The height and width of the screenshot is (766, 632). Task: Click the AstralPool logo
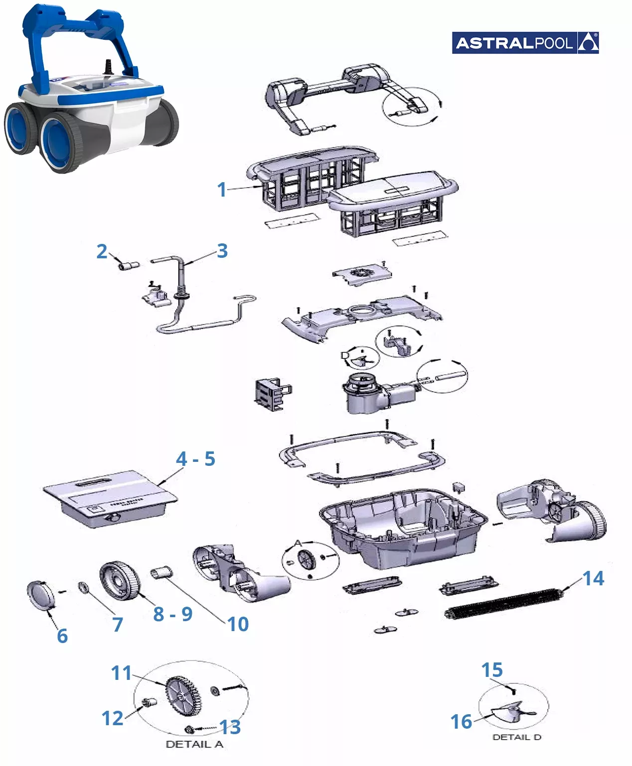coord(525,43)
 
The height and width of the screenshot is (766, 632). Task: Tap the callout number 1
coord(222,190)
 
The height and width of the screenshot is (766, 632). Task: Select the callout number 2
coord(102,252)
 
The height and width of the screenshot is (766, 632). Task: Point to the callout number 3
coord(222,251)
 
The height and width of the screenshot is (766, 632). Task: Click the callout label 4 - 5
coord(195,459)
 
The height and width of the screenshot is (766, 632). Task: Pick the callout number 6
coord(62,636)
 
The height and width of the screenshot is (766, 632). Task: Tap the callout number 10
coord(238,624)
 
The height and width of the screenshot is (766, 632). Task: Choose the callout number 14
coord(593,578)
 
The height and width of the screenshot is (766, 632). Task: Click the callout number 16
coord(461,722)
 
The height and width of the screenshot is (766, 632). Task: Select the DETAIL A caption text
coord(194,745)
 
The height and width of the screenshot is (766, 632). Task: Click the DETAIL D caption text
coord(516,737)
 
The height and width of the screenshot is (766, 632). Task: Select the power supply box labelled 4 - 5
coord(110,498)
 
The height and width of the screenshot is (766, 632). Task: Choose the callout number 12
coord(112,718)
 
